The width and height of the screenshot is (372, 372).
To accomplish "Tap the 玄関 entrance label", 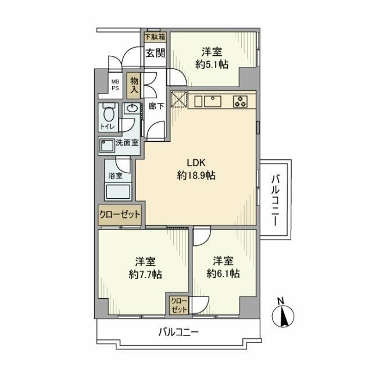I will coord(155,53).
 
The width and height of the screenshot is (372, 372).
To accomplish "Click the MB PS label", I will coord(115,85).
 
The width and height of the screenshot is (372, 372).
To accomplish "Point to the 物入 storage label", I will coord(134,84).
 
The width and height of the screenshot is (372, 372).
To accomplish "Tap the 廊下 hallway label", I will coord(155,106).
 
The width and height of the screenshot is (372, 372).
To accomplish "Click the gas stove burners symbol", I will coord(241,101).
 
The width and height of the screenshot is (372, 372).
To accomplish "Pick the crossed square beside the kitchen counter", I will coord(178,100).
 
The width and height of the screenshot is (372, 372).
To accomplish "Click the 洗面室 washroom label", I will coord(126,142).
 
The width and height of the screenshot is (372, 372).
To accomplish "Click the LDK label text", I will coord(195,163).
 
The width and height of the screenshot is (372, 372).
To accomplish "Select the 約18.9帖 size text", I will coord(196,176).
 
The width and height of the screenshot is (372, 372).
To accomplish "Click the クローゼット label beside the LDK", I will coord(120,214).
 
